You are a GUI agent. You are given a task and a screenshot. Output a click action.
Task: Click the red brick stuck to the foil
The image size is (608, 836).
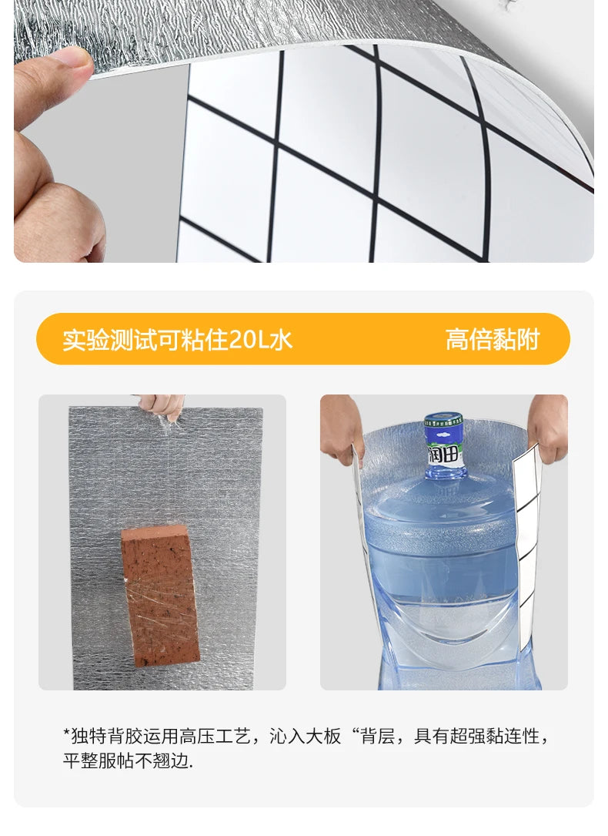160,595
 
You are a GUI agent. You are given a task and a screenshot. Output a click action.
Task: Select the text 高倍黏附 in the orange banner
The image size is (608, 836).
493,340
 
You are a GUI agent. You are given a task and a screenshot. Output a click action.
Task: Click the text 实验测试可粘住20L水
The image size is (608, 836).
178,340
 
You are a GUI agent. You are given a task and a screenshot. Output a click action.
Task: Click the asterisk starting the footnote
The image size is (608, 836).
66,735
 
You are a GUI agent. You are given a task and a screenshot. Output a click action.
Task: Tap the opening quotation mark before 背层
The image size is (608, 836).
356,734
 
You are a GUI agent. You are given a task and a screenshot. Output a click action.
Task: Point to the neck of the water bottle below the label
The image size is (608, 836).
444,482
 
